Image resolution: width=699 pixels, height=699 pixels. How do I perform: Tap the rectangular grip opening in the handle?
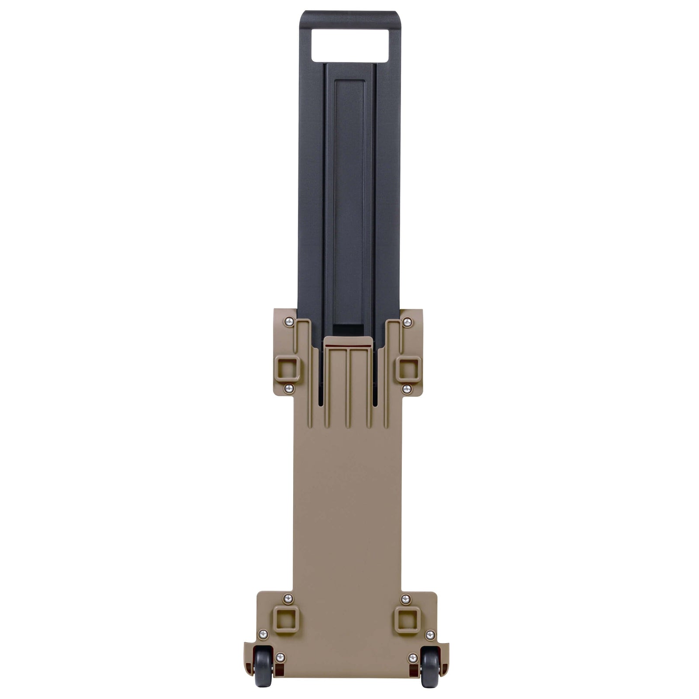(349, 45)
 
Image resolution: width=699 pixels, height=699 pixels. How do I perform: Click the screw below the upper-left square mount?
(288, 388)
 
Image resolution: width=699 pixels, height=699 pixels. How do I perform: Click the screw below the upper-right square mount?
(407, 388)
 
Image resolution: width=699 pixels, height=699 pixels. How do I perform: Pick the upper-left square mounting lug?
(287, 368)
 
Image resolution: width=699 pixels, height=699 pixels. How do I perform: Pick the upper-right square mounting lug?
(409, 368)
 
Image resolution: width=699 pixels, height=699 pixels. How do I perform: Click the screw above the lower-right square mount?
(405, 599)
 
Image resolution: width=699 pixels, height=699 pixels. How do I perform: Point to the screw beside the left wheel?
(280, 657)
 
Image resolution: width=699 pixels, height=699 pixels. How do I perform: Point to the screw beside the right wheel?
(413, 657)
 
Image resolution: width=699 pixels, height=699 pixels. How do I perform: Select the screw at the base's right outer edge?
(430, 634)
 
